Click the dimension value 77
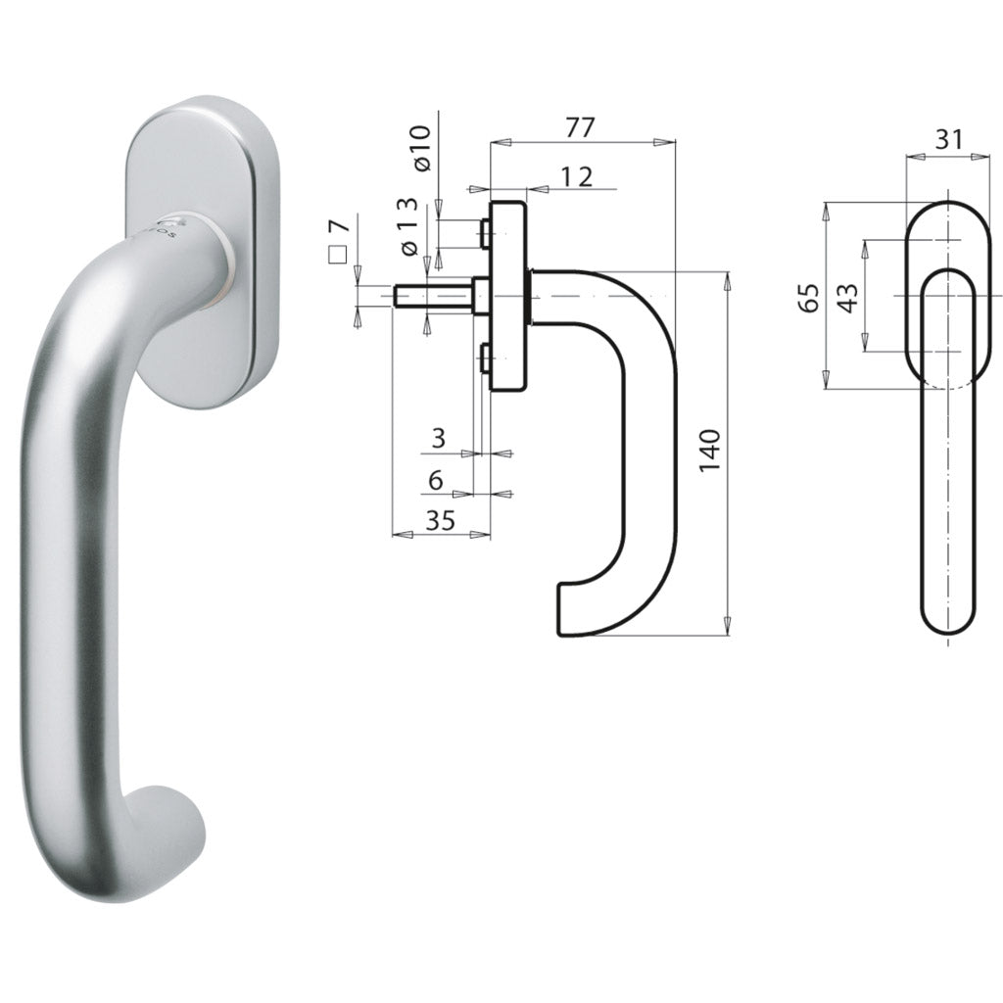tap(581, 127)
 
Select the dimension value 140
tap(709, 451)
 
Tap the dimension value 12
tap(577, 176)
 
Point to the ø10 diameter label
tap(423, 149)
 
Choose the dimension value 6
tap(436, 479)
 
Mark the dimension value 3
tap(438, 438)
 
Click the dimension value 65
tap(809, 298)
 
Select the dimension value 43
tap(848, 298)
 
